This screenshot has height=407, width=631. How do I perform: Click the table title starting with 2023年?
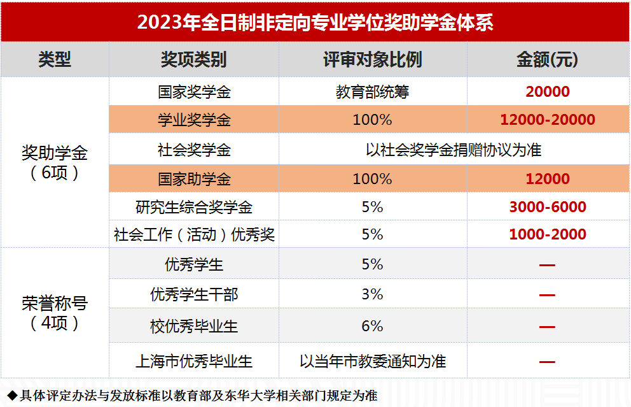pos(315,22)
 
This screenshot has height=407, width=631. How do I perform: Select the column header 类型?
pos(55,60)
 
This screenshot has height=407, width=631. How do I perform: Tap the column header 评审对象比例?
pos(372,60)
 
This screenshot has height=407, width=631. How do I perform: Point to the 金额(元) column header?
pos(548,60)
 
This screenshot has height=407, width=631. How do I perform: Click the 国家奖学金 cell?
pos(194,92)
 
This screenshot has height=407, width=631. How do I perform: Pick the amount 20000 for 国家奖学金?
pos(548,92)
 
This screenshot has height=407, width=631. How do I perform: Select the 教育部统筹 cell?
pos(372,92)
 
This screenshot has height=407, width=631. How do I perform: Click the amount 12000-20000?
pos(548,120)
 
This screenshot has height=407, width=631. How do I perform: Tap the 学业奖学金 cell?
pos(194,120)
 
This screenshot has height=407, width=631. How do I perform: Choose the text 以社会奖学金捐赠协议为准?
pos(454,150)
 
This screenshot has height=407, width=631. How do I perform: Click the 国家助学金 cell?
pos(194,179)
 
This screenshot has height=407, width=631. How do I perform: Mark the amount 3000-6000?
pos(548,207)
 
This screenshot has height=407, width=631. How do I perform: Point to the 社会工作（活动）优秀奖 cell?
pos(194,234)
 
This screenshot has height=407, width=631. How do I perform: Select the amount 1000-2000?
pos(548,234)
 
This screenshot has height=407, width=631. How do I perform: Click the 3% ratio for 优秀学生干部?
pos(372,294)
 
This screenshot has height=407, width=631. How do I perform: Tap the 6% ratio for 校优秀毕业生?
pos(372,326)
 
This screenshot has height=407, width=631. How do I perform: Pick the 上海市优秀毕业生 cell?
pos(194,362)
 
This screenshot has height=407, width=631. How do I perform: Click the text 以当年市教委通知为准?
pos(373,362)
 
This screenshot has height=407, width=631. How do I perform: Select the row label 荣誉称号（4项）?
pos(55,313)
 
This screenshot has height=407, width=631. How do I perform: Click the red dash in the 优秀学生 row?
pos(547,264)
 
